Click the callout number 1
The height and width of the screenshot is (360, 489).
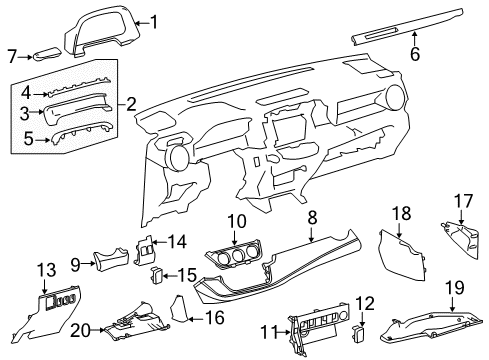click(x=154, y=23)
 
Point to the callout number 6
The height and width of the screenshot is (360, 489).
click(x=415, y=55)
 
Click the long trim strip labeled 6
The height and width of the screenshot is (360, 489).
click(x=407, y=27)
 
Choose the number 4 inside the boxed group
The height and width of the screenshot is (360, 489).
click(x=26, y=93)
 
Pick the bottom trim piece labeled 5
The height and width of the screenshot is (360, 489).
click(x=80, y=132)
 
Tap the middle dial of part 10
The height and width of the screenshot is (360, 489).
click(x=237, y=256)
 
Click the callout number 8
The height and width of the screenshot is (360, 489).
click(x=312, y=218)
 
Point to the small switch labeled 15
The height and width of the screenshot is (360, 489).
click(x=157, y=275)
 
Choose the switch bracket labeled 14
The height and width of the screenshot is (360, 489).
click(x=144, y=250)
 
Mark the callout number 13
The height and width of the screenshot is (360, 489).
click(x=46, y=270)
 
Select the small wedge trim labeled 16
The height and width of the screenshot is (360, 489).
click(x=178, y=309)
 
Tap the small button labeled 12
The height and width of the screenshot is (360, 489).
click(x=357, y=333)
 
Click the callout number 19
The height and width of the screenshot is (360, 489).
click(x=455, y=287)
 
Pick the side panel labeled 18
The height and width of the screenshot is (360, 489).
click(x=402, y=255)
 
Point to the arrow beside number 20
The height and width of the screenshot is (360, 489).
click(x=97, y=330)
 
